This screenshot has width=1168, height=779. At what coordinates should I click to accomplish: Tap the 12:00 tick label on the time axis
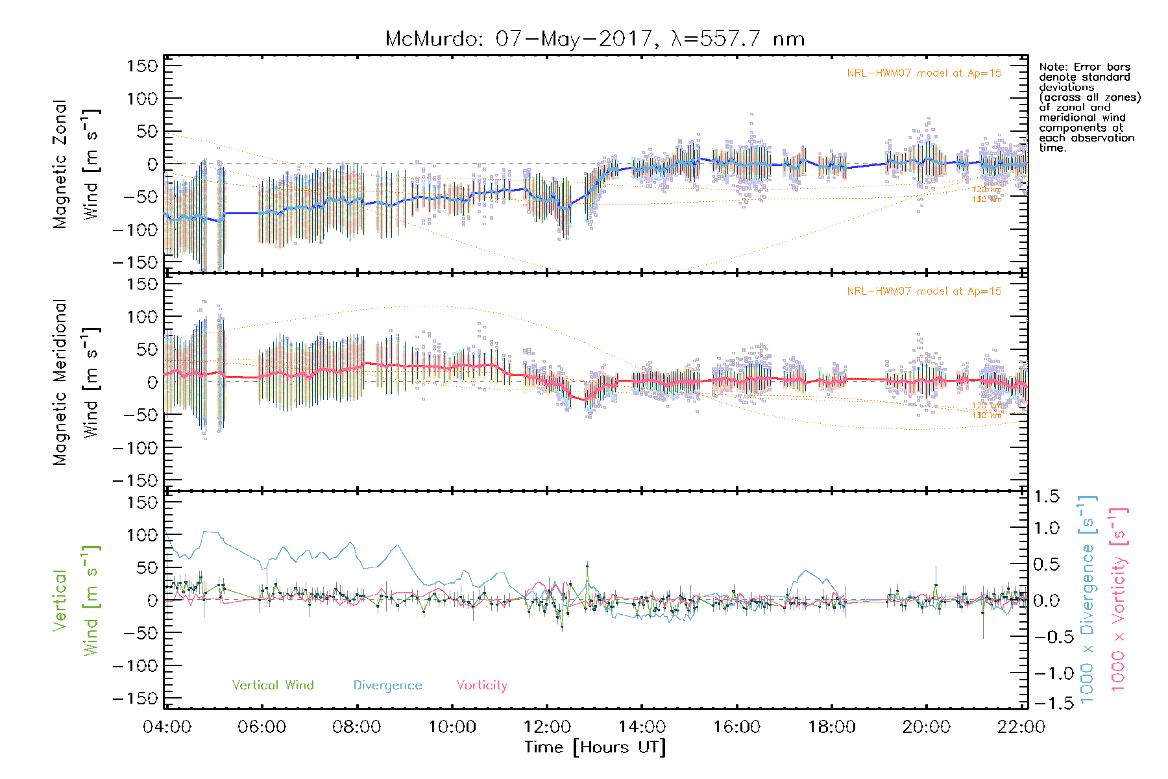(x=547, y=726)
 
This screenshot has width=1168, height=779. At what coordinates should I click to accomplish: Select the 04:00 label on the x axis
(x=167, y=726)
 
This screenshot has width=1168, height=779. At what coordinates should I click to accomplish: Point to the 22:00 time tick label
(x=1021, y=726)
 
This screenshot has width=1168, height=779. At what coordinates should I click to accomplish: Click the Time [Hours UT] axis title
(x=595, y=747)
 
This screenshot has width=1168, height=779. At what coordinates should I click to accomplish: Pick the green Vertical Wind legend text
(x=273, y=685)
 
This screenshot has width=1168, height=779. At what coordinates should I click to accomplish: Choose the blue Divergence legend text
(x=387, y=686)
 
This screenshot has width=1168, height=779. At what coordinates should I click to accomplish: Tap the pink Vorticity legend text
(x=481, y=685)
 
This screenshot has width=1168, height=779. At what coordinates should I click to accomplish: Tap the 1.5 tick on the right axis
(x=1046, y=497)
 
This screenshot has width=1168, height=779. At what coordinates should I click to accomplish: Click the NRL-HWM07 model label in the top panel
(x=924, y=73)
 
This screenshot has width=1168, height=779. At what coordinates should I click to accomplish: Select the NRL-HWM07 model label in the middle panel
(x=924, y=291)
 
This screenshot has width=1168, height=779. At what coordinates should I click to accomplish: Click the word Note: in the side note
(x=1054, y=67)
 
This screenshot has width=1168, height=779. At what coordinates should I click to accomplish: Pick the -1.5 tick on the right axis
(x=1047, y=703)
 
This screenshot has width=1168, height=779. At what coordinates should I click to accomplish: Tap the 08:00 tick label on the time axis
(x=356, y=726)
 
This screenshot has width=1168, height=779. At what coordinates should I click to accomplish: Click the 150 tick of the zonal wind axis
(x=142, y=66)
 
